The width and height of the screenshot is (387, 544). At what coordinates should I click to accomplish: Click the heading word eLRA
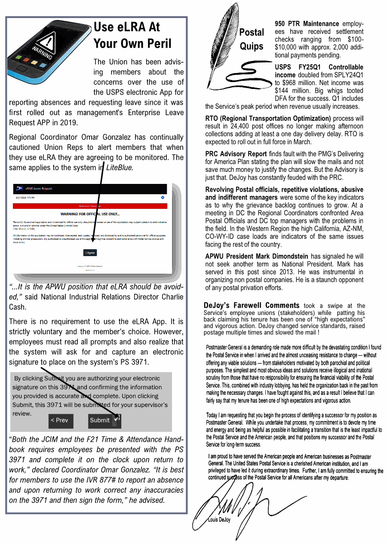[x=133, y=27]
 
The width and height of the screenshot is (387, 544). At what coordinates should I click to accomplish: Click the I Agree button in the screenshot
[x=90, y=253]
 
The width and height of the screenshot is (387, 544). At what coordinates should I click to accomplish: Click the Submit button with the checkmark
[x=104, y=420]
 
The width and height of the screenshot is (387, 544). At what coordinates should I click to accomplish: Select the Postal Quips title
[x=252, y=39]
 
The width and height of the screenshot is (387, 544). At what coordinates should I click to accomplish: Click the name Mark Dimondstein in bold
[x=282, y=256]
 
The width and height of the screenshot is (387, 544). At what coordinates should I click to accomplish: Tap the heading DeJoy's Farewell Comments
[x=251, y=306]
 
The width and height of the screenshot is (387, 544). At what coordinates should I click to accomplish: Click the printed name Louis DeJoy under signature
[x=219, y=520]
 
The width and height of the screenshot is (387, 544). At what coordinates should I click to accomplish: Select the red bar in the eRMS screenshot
[x=90, y=206]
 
